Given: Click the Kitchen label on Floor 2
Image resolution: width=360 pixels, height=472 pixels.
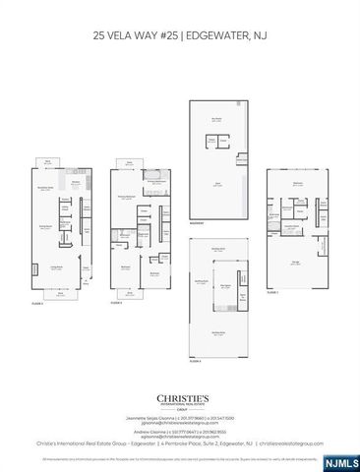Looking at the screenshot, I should coord(76,181).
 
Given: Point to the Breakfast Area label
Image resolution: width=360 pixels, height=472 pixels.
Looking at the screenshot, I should coord(44,187).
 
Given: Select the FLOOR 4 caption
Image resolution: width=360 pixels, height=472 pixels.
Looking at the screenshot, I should coord(195,361).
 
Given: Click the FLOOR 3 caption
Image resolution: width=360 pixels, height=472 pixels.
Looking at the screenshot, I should coord(116,302).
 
